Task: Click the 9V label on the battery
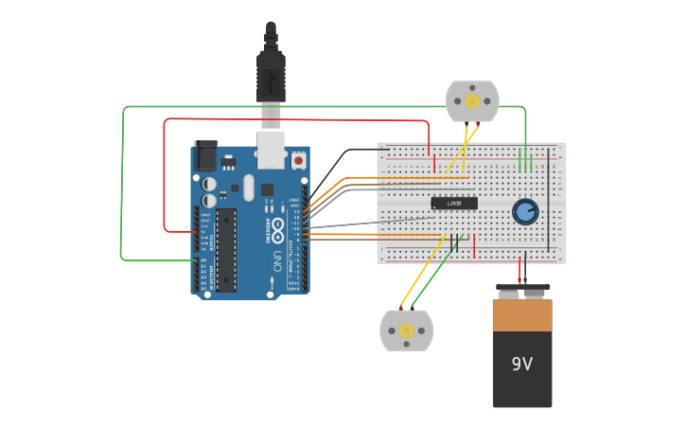pos(522,364)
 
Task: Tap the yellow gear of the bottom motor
pos(407,331)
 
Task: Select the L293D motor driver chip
pos(454,203)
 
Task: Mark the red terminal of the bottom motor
pos(400,309)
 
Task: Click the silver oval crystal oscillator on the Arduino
pos(249,187)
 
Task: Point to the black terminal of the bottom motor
pos(413,309)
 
